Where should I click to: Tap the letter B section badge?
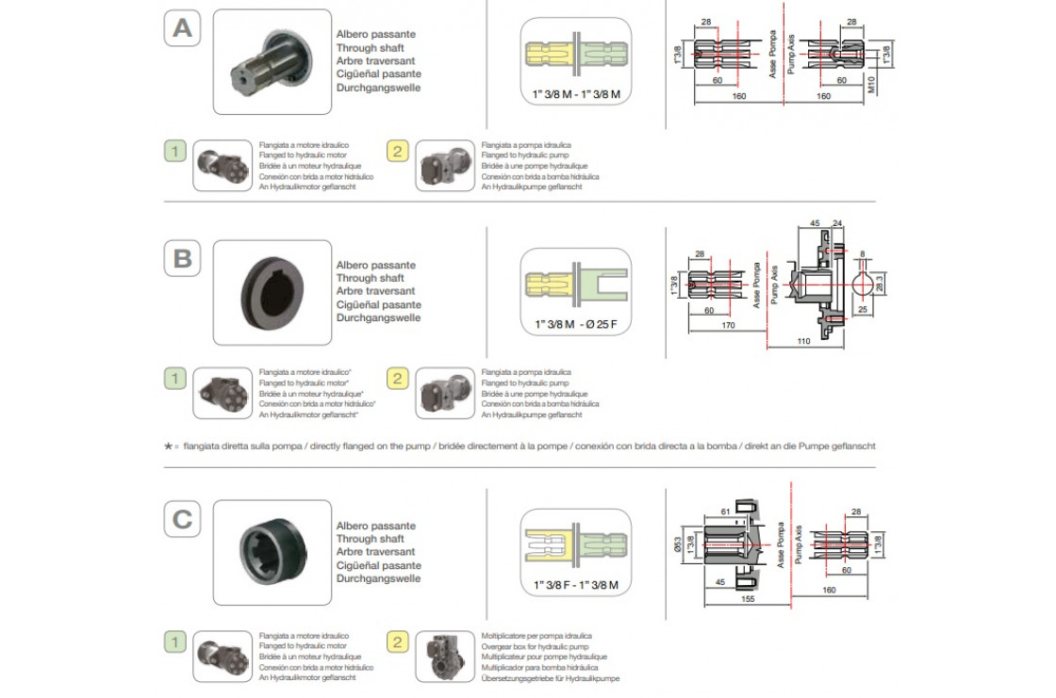click(182, 259)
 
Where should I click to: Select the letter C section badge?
click(182, 519)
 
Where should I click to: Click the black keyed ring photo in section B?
click(272, 292)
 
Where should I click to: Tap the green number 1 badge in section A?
click(175, 151)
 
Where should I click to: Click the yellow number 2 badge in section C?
click(398, 642)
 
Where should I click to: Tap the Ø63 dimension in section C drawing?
click(679, 544)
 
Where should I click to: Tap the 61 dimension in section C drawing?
click(725, 510)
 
